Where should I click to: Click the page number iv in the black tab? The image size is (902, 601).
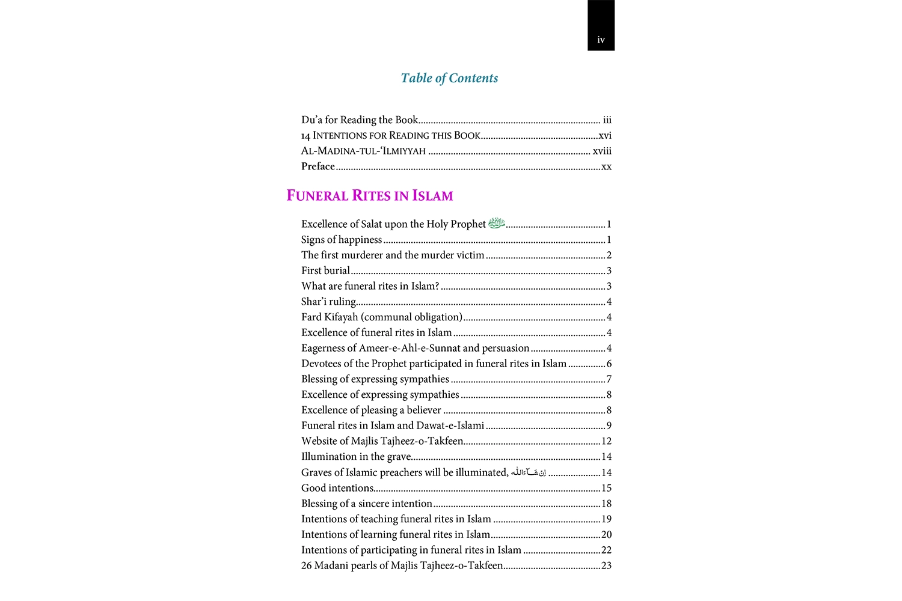pos(601,40)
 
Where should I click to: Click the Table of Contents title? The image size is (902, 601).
pos(449,78)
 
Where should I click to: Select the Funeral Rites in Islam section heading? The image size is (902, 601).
pos(369,195)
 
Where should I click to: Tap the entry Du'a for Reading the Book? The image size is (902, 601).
pos(360,120)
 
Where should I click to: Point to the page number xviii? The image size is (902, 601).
pos(602,151)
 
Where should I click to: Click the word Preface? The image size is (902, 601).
pos(318,166)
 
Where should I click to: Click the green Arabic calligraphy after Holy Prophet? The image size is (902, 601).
pos(497,224)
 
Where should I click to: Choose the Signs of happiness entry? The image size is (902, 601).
pos(342,239)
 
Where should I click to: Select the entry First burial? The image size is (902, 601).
pos(325,270)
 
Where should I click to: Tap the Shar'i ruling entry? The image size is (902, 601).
pos(328,302)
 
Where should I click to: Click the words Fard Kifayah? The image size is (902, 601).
pos(330,317)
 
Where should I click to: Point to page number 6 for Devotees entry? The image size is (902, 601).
pos(609,364)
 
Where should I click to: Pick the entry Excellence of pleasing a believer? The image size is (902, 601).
pos(371,410)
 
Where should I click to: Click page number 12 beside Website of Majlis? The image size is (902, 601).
pos(606,441)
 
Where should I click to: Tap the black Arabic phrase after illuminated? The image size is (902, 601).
pos(529,472)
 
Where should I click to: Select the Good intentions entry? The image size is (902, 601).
pos(337,488)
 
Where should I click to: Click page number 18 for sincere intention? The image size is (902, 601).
pos(606,504)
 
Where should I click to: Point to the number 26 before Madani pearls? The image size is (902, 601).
pos(306,566)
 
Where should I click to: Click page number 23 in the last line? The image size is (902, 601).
pos(606,566)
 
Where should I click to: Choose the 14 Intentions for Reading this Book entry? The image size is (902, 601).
pos(391,135)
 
